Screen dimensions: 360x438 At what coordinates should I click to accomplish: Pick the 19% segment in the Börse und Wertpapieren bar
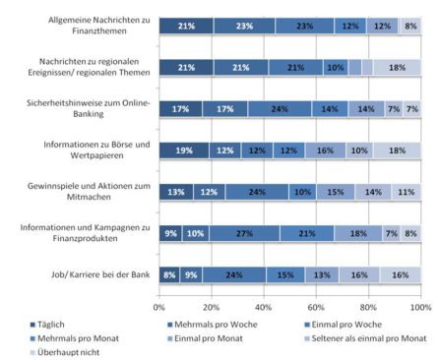pyautogui.click(x=184, y=150)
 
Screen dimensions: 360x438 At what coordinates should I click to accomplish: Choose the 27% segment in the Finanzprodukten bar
pyautogui.click(x=243, y=233)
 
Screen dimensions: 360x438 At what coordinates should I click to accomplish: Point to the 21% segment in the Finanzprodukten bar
pyautogui.click(x=306, y=233)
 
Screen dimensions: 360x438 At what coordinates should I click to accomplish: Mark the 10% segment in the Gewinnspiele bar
pyautogui.click(x=301, y=192)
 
